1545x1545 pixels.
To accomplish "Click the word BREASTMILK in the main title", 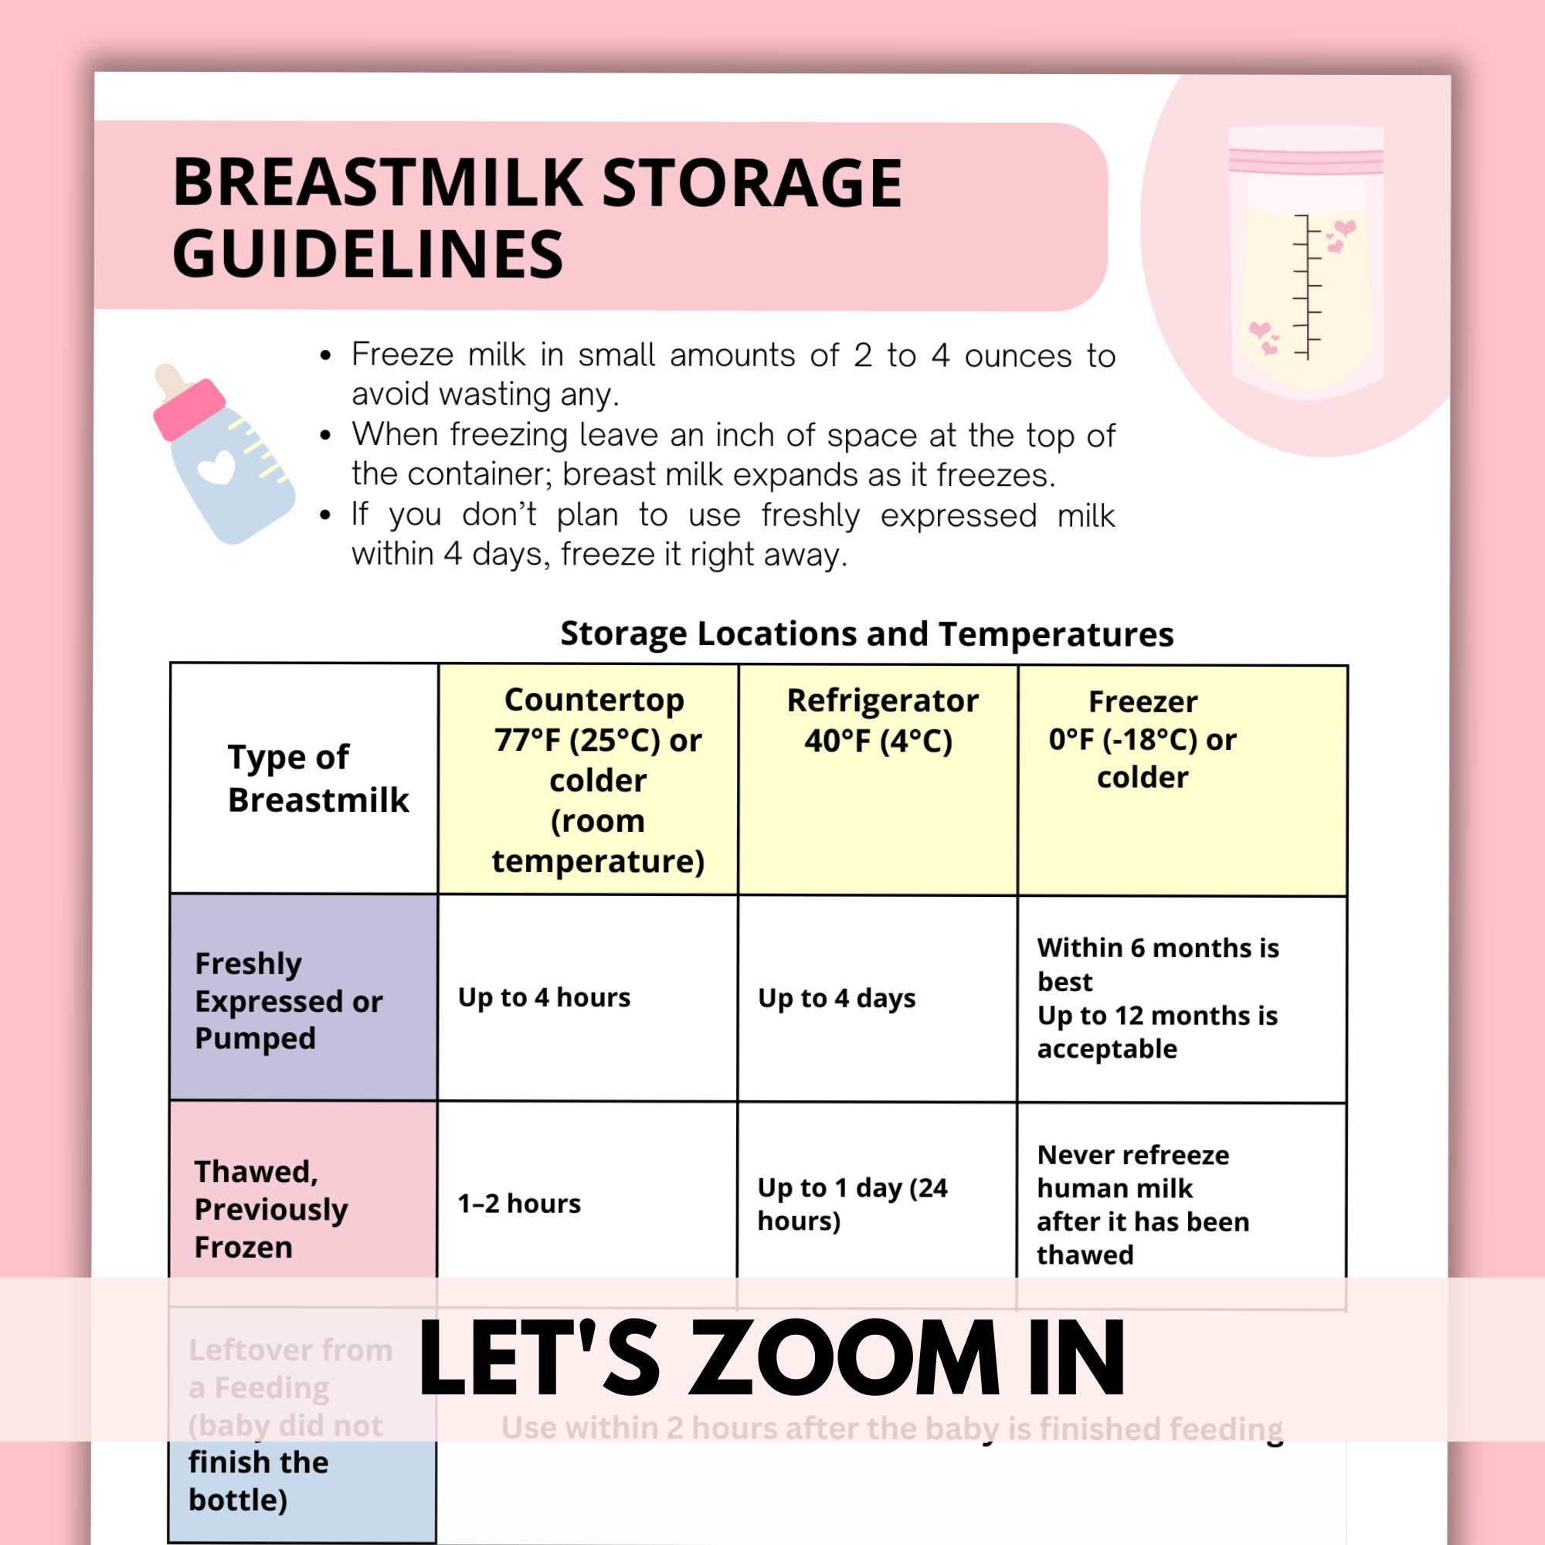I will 380,183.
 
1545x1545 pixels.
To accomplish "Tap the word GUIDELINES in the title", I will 368,254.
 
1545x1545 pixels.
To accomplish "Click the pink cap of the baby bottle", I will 188,408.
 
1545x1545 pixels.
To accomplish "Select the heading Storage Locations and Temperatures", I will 866,633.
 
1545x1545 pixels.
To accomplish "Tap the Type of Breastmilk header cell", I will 317,778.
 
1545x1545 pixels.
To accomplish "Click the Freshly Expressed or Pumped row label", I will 288,1000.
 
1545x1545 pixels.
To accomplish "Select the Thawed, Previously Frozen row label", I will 270,1208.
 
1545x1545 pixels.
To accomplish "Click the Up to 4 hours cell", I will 544,997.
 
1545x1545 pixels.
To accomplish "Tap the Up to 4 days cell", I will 837,998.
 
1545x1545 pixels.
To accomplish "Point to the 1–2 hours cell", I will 519,1204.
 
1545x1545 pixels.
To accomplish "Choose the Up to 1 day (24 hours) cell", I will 851,1204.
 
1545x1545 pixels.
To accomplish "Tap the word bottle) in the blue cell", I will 237,1499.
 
